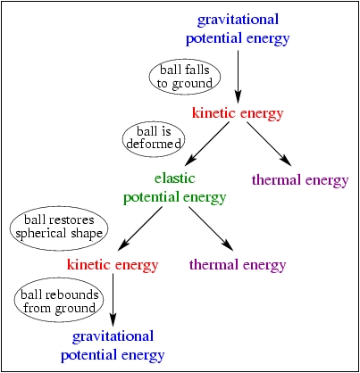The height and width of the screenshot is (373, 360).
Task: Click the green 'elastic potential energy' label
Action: [x=175, y=188]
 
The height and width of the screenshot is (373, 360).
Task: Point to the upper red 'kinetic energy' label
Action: [x=238, y=113]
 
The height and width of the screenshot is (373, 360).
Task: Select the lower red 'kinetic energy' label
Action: [x=113, y=265]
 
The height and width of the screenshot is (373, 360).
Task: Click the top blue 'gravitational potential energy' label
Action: [x=238, y=29]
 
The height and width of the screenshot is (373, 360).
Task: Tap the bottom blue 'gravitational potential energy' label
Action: [x=113, y=346]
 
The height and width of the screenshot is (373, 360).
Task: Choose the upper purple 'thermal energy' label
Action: [x=300, y=180]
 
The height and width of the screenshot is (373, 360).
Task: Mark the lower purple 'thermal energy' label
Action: [x=238, y=265]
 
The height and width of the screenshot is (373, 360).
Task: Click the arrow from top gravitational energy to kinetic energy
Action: [x=238, y=77]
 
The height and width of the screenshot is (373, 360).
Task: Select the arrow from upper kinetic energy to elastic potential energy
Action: [x=207, y=144]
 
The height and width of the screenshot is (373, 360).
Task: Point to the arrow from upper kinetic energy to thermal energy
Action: [x=269, y=144]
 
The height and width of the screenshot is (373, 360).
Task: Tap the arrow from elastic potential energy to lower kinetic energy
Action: [x=140, y=228]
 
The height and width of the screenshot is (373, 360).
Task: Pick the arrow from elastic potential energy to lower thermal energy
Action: [x=211, y=228]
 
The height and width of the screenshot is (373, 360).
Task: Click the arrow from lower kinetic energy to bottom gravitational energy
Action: [x=113, y=300]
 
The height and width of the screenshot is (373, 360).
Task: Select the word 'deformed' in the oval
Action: [x=154, y=144]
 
